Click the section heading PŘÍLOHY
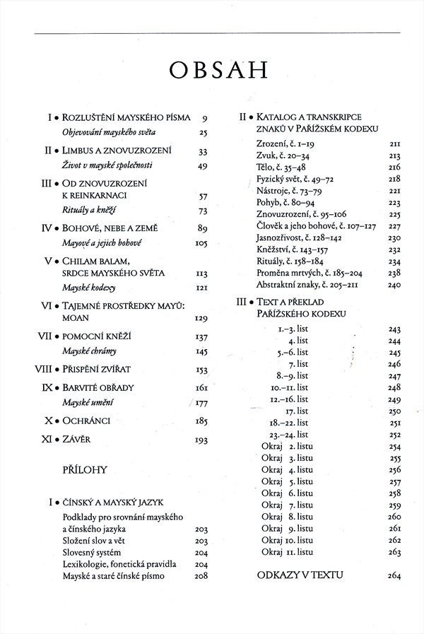tap(84, 469)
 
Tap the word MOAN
tap(76, 318)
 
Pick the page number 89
tap(202, 228)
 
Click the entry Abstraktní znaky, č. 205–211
tap(309, 284)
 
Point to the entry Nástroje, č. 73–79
tap(288, 191)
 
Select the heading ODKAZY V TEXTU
tap(300, 575)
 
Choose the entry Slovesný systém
tap(92, 552)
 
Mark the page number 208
tap(201, 576)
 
